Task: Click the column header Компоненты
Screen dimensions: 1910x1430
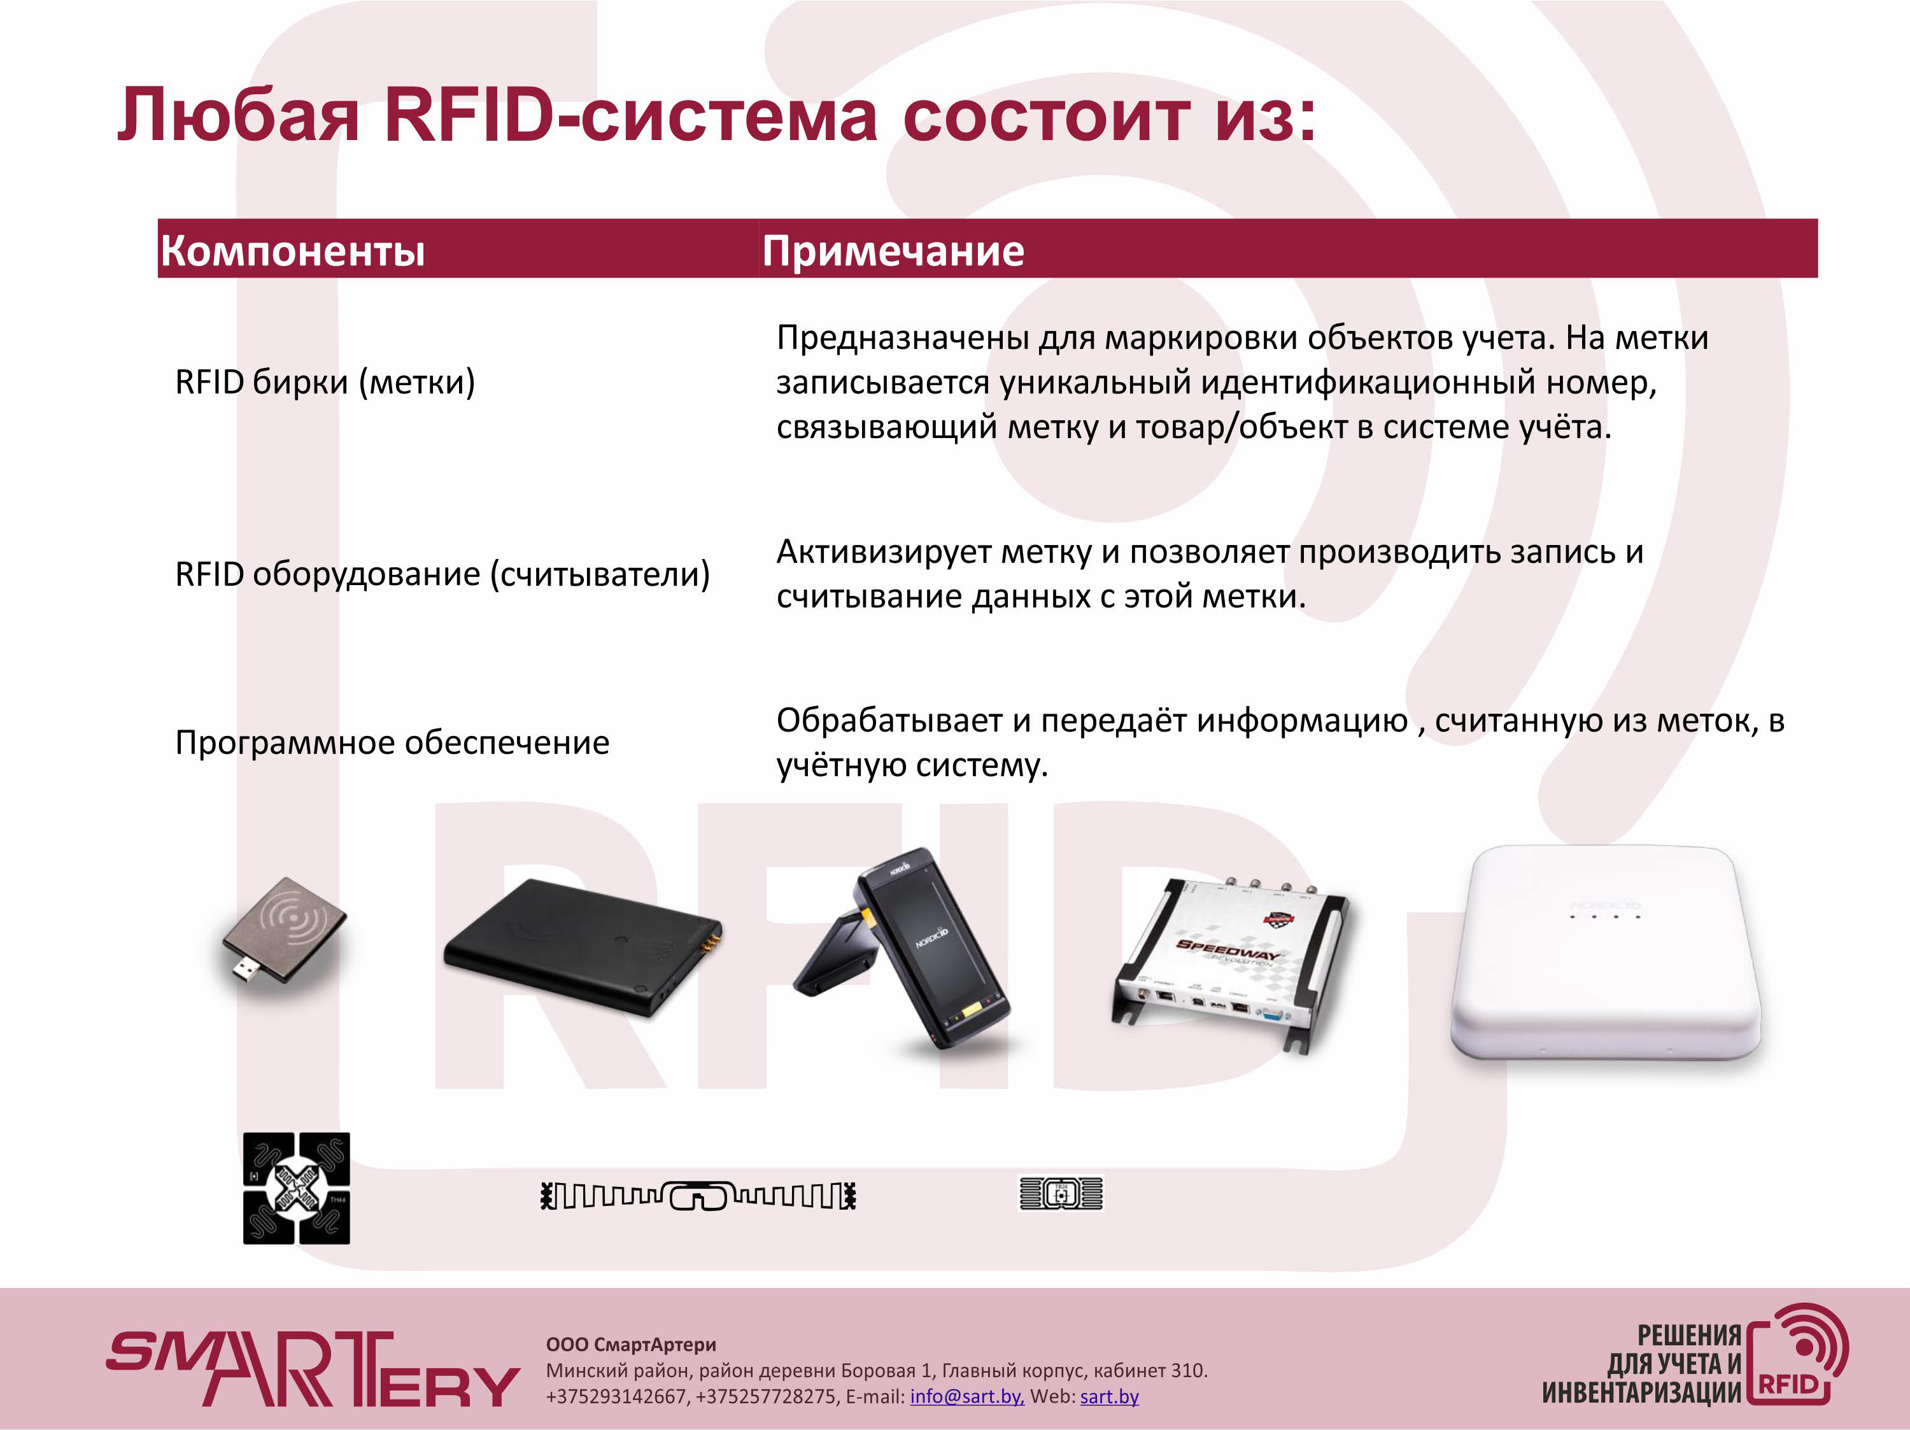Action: pos(293,251)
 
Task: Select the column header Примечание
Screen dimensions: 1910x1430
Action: pos(893,251)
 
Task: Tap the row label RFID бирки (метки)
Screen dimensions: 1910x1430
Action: pos(325,381)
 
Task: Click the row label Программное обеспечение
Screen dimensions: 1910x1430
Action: pos(392,742)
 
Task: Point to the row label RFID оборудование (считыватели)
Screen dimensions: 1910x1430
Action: pos(442,574)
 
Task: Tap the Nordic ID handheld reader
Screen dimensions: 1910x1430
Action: pos(905,949)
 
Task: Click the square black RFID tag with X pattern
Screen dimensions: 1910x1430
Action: pos(296,1188)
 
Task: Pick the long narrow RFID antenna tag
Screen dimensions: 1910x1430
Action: pos(698,1196)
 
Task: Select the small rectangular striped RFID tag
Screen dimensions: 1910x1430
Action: pos(1061,1193)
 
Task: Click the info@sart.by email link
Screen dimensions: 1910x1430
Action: pos(967,1396)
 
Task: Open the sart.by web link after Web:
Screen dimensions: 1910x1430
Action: pos(1110,1396)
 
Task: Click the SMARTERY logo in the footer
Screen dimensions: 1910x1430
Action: pos(313,1368)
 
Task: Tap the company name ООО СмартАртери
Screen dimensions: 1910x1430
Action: pos(631,1345)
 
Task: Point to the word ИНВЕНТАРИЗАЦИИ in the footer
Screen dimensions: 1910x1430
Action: pos(1641,1392)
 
